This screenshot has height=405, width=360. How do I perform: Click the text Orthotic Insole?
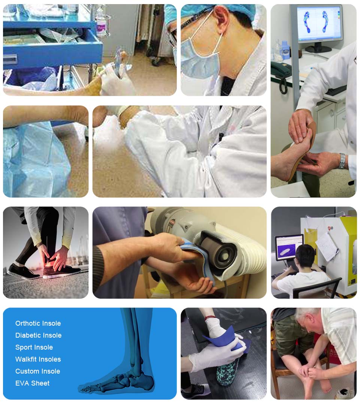tap(38, 323)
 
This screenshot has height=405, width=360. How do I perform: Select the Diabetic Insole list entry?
tap(39, 335)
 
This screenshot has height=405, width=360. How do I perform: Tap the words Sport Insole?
tap(34, 347)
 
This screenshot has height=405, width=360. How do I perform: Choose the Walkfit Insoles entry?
tap(38, 359)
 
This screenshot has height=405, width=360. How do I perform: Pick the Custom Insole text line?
tap(38, 371)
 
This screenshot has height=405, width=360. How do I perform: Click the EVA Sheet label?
tap(32, 383)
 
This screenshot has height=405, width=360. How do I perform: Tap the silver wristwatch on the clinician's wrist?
tap(342, 161)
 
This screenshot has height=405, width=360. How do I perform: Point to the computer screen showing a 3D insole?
tap(289, 247)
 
